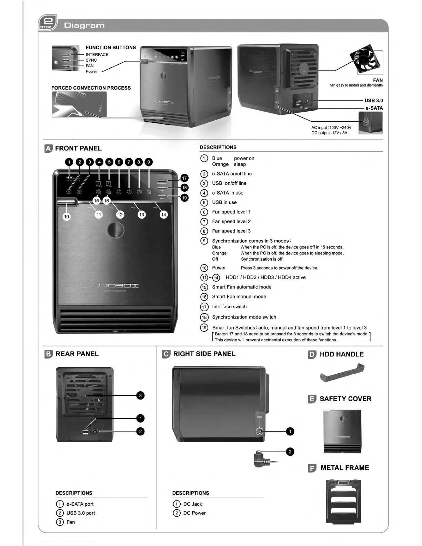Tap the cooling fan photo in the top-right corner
(x=366, y=59)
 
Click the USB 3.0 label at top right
(x=373, y=101)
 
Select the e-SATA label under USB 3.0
(x=374, y=108)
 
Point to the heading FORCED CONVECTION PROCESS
(x=91, y=88)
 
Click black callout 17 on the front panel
(x=184, y=178)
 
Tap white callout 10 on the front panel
(x=67, y=216)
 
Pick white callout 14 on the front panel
(x=163, y=214)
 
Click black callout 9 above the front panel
(x=148, y=162)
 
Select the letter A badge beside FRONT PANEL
(x=49, y=149)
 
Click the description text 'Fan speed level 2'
(x=231, y=222)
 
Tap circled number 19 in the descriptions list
(x=204, y=328)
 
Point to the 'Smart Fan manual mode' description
(x=239, y=297)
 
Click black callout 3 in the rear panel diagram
(x=140, y=395)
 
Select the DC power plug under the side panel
(x=261, y=459)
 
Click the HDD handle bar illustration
(x=342, y=374)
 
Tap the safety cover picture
(x=342, y=431)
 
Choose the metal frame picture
(x=343, y=501)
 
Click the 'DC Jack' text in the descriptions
(x=192, y=504)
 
